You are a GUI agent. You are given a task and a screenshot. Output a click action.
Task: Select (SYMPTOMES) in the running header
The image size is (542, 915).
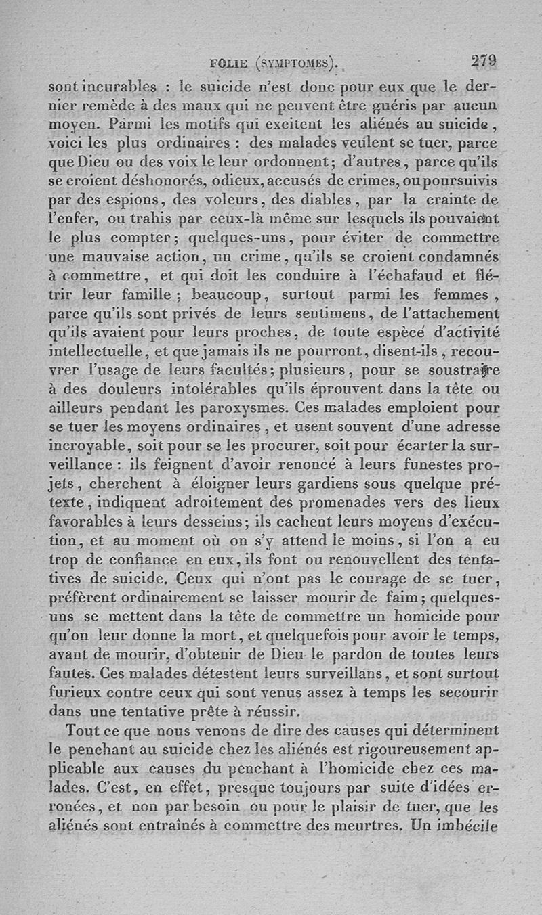pos(296,64)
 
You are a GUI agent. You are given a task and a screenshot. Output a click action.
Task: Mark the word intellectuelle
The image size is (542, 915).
pos(96,351)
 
